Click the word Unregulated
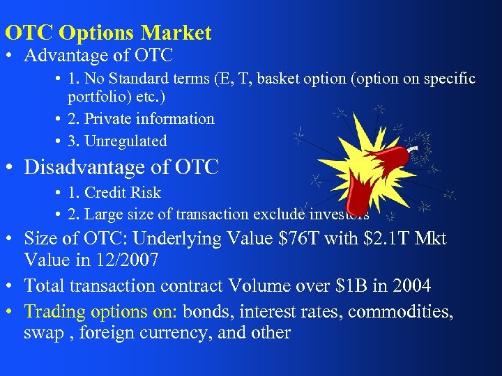tap(125, 141)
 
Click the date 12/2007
tap(136, 261)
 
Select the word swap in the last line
tap(43, 333)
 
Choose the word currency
tap(181, 333)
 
